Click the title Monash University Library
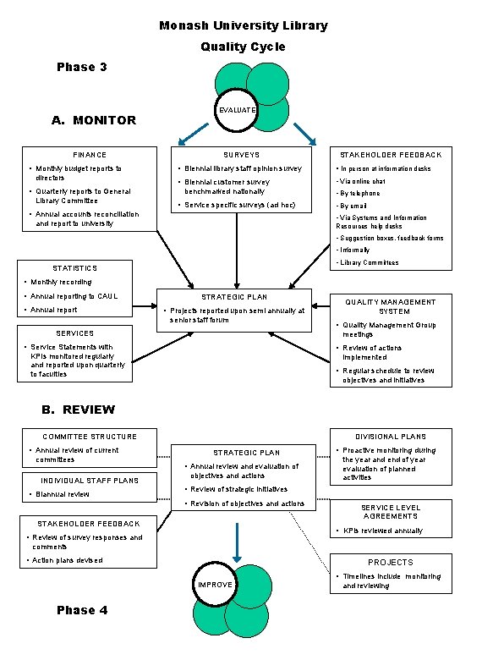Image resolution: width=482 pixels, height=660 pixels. [x=243, y=25]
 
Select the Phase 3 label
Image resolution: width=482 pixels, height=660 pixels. [x=81, y=67]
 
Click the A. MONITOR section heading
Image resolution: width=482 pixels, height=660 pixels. [x=93, y=120]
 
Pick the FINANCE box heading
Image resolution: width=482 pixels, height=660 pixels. [x=90, y=155]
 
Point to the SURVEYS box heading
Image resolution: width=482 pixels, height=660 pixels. [x=241, y=155]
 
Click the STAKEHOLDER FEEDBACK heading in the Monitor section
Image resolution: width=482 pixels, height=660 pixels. [x=390, y=155]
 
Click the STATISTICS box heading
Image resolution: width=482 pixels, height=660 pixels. [x=75, y=268]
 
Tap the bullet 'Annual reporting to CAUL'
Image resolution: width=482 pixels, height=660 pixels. [x=74, y=296]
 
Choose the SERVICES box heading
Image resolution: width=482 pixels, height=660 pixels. [x=75, y=333]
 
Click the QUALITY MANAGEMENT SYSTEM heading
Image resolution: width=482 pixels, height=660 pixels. [x=390, y=306]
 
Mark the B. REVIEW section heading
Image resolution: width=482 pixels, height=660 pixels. [x=79, y=410]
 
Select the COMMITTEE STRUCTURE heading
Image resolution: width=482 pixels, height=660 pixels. [x=90, y=437]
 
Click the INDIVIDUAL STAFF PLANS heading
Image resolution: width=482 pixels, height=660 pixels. [x=90, y=481]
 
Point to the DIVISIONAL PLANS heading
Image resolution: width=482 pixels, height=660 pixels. [x=390, y=437]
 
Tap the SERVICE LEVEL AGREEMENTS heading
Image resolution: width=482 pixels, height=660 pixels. [x=390, y=511]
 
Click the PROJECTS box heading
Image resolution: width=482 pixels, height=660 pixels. [x=390, y=562]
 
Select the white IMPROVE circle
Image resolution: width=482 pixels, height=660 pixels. [x=215, y=585]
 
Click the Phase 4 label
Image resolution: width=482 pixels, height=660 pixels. [x=81, y=611]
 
